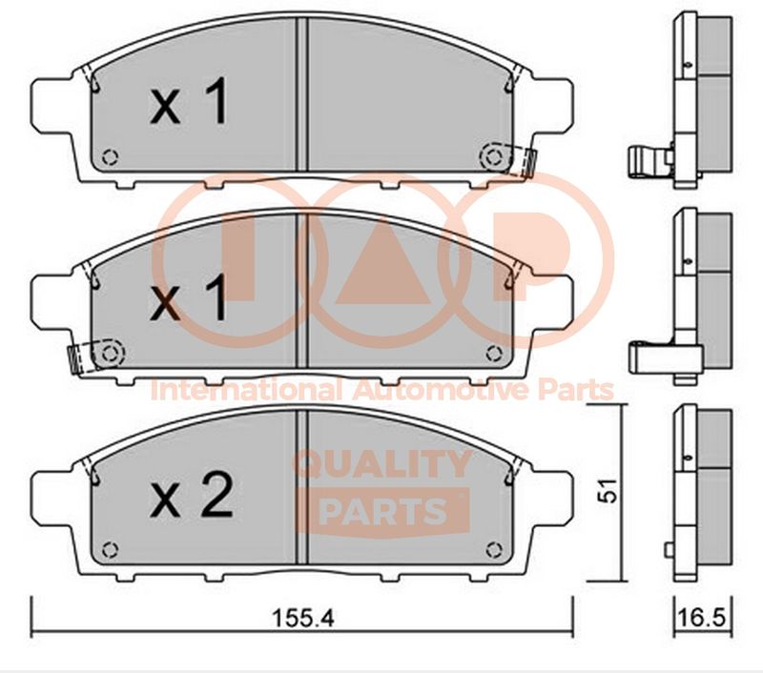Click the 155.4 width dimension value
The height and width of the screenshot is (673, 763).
click(x=303, y=619)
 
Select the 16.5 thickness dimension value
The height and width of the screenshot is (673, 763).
click(x=701, y=619)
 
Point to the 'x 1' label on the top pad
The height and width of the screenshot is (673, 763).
click(x=189, y=101)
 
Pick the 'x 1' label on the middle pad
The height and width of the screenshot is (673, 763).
click(x=189, y=297)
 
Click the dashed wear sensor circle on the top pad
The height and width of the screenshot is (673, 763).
click(x=495, y=157)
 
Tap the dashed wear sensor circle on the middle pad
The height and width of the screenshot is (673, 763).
click(x=110, y=354)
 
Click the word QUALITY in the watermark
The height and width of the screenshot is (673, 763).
click(x=382, y=464)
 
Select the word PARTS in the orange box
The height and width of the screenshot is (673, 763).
click(x=384, y=511)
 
